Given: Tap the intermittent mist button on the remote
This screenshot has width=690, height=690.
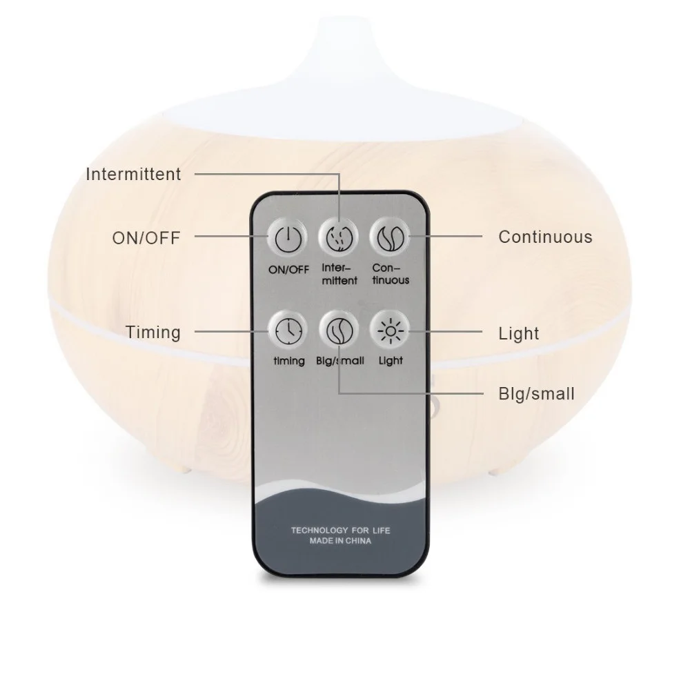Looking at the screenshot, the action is point(339,238).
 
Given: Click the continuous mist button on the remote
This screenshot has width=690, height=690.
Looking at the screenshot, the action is point(391,238).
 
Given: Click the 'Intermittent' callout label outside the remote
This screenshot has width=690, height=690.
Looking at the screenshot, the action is point(133,174).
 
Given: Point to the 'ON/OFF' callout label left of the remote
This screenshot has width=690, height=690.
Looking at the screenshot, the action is point(146,238).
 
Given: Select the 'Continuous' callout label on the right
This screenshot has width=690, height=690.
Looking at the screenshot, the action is point(545,237).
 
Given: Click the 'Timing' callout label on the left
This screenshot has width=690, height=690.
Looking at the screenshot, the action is point(152,332).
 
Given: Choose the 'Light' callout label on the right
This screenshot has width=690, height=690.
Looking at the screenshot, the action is point(519,333).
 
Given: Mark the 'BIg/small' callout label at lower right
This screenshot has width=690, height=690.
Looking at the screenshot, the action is point(537,394).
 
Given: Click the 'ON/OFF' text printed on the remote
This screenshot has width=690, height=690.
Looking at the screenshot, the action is point(289,270).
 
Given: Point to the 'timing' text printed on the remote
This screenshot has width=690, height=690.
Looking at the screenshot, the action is point(288,362).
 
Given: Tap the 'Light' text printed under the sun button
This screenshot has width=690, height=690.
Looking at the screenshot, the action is point(391,360).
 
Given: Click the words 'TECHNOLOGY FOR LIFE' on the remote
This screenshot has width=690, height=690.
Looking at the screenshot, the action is point(339,530).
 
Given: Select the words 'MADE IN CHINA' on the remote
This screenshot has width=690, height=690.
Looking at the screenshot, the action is point(339,542).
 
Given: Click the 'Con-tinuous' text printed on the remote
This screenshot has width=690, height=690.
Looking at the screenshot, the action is point(391,273).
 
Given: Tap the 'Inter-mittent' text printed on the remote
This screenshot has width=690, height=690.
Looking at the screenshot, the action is point(339,274).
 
